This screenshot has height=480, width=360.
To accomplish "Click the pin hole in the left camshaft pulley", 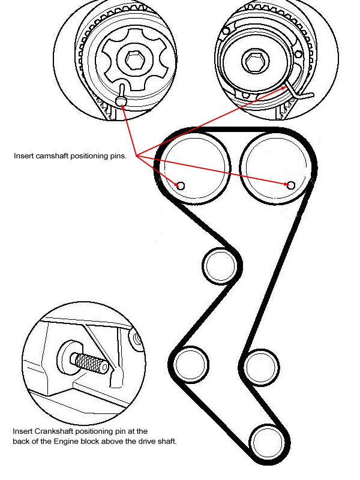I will (x=181, y=185).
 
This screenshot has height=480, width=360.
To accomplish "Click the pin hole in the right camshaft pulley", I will (x=291, y=185).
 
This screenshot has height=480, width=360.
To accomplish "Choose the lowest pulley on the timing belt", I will (x=268, y=443).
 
